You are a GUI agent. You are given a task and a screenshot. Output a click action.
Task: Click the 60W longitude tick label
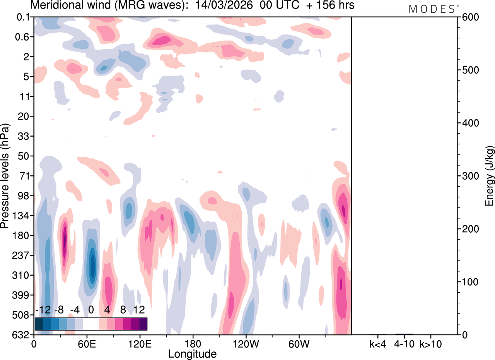tap(299, 344)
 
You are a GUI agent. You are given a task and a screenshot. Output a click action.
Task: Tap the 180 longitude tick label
tap(193, 344)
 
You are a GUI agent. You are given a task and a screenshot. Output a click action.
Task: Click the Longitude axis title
tap(192, 353)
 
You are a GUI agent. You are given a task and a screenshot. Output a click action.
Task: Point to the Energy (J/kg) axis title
tap(490, 176)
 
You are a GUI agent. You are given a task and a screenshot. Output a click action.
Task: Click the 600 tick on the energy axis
tap(469, 17)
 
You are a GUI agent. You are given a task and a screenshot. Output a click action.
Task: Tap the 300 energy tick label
tap(469, 176)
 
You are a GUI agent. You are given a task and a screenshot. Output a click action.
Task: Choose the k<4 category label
tap(378, 344)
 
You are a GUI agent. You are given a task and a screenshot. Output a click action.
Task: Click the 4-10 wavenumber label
tap(405, 344)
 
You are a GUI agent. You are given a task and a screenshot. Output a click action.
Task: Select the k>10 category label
tap(431, 344)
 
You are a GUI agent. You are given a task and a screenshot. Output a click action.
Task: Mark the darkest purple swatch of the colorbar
tap(143, 324)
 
